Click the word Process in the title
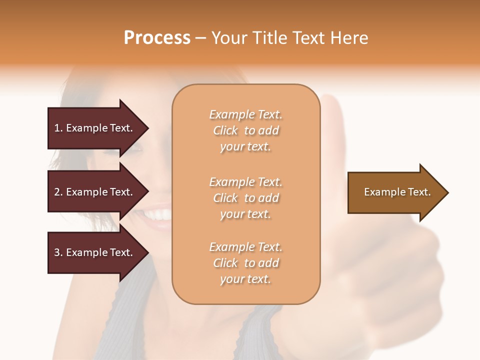(157, 38)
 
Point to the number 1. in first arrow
(58, 128)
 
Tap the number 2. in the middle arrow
(58, 192)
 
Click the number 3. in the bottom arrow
(58, 252)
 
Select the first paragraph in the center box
(245, 130)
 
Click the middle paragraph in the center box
(245, 198)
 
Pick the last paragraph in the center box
(245, 263)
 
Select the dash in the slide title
(200, 38)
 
